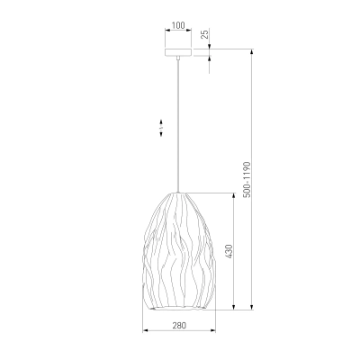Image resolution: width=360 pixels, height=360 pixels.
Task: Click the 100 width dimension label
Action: [178, 25]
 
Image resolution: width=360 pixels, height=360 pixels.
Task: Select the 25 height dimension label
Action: [205, 34]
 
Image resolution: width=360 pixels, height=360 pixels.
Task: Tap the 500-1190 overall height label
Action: [247, 179]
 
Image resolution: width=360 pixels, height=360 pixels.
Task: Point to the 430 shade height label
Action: [229, 251]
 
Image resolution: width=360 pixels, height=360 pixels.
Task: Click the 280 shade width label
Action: [179, 325]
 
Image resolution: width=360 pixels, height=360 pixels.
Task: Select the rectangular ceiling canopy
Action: [178, 52]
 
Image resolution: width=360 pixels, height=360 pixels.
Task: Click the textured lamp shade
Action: [178, 251]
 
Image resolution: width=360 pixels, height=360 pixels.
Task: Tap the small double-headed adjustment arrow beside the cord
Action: [161, 128]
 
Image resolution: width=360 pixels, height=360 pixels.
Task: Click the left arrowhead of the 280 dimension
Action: [145, 330]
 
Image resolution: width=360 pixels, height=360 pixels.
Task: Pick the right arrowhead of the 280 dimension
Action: [213, 330]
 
